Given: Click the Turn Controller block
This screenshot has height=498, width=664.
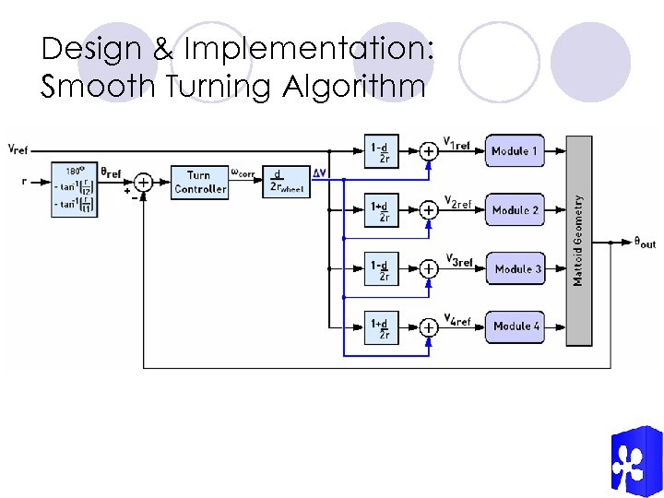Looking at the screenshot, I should tap(199, 182).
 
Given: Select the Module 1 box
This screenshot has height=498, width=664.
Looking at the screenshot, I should tap(516, 151).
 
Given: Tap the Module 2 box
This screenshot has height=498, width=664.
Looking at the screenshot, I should tap(516, 210).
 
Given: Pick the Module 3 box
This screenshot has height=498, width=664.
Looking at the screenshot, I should tap(516, 269).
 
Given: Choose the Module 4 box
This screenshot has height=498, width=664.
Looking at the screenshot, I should tap(516, 326).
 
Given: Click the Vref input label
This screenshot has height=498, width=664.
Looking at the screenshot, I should tap(18, 148).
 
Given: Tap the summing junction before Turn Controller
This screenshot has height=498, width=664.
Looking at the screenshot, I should tap(144, 182).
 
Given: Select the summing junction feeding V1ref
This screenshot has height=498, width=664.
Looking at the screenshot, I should tap(429, 150).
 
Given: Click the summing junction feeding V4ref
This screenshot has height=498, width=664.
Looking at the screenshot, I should tap(429, 326).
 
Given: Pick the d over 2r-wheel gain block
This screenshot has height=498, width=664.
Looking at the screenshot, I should tap(284, 182).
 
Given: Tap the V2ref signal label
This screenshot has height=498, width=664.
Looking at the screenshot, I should tap(458, 201).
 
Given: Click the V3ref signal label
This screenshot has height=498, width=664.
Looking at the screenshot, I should tap(458, 261).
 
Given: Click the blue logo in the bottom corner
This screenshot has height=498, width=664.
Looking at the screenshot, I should tap(634, 461).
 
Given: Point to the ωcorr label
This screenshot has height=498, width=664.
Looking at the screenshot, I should tap(243, 172).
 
